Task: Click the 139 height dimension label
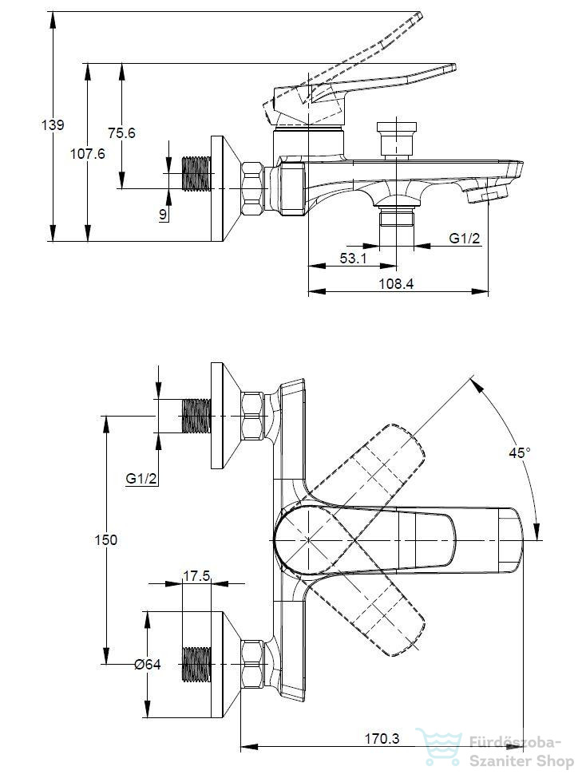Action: tap(53, 124)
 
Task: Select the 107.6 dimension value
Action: tap(87, 154)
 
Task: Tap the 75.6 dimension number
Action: tap(121, 133)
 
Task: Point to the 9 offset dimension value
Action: tap(163, 215)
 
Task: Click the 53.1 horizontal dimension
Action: tap(353, 258)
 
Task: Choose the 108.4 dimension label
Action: tap(396, 284)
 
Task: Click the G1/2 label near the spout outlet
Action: tap(465, 238)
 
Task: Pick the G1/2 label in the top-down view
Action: tap(141, 478)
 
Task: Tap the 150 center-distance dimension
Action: tap(105, 540)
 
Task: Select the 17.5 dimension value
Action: tap(196, 575)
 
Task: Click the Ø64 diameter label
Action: tap(148, 664)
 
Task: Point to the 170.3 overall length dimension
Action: tap(382, 738)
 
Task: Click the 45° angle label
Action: tap(520, 452)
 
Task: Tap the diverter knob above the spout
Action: tap(396, 139)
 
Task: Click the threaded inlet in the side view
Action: tap(197, 174)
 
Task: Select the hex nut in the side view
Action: tap(251, 188)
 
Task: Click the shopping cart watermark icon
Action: tap(440, 746)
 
